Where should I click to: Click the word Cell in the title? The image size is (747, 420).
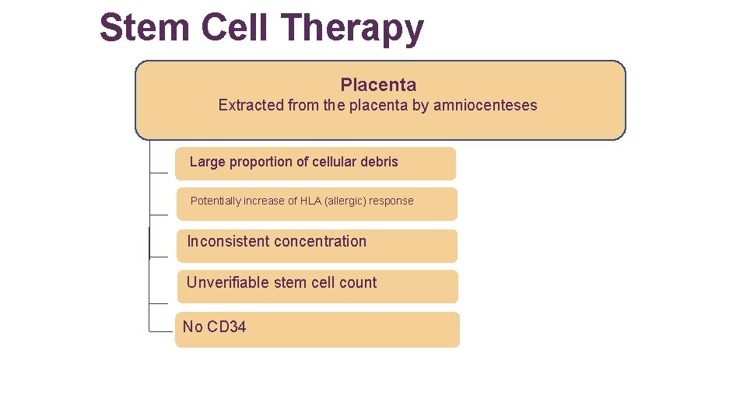(236, 28)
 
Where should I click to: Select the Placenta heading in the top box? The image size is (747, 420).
(378, 85)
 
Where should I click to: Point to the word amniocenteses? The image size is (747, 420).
(485, 105)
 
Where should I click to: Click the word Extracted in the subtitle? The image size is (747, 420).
(251, 105)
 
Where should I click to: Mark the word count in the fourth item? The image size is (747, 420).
(358, 282)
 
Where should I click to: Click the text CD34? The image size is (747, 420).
(226, 327)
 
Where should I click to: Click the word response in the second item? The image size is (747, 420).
(391, 201)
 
